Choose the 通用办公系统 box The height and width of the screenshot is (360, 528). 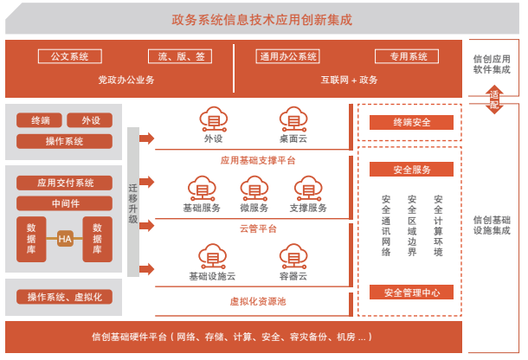(x=289, y=57)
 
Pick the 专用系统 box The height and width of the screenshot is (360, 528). (x=409, y=57)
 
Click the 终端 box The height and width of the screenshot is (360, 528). (x=40, y=121)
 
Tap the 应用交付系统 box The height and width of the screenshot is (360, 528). (x=65, y=183)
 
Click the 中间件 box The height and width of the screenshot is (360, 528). (x=65, y=203)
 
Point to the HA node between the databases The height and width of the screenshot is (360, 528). (x=65, y=238)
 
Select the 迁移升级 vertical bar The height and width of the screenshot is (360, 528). (x=133, y=202)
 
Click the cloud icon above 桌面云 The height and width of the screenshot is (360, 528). (x=294, y=119)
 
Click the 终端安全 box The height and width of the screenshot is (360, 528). (x=412, y=123)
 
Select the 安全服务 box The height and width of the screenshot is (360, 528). (x=412, y=170)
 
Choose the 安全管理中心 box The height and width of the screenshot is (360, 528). (x=412, y=292)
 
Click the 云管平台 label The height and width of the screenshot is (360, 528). (x=258, y=228)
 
